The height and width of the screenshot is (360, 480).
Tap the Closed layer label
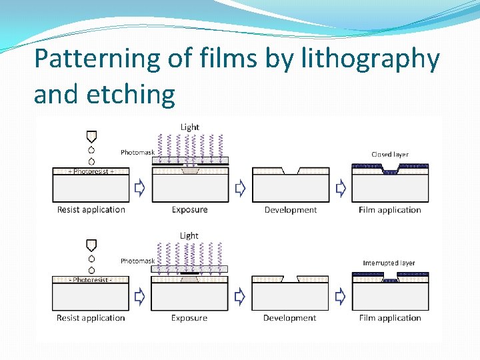pyautogui.click(x=390, y=155)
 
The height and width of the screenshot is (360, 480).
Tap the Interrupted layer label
pyautogui.click(x=389, y=263)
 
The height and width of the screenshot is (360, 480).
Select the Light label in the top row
pyautogui.click(x=190, y=127)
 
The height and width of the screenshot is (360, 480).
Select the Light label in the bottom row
pyautogui.click(x=189, y=235)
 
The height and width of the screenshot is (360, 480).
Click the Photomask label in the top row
pyautogui.click(x=137, y=153)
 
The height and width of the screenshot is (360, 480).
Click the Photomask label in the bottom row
pyautogui.click(x=137, y=261)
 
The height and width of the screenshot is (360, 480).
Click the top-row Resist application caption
pyautogui.click(x=91, y=210)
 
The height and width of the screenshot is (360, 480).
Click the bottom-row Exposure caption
pyautogui.click(x=189, y=318)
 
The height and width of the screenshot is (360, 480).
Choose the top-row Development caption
pyautogui.click(x=291, y=210)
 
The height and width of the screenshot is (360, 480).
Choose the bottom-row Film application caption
pyautogui.click(x=390, y=318)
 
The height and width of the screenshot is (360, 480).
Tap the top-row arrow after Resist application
pyautogui.click(x=140, y=189)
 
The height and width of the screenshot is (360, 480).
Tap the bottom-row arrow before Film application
pyautogui.click(x=341, y=297)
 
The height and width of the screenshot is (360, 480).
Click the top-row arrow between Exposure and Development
pyautogui.click(x=240, y=189)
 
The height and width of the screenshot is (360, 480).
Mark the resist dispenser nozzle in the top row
pyautogui.click(x=91, y=137)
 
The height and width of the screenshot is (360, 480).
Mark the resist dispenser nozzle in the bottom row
pyautogui.click(x=91, y=245)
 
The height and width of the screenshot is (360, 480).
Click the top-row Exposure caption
pyautogui.click(x=190, y=210)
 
